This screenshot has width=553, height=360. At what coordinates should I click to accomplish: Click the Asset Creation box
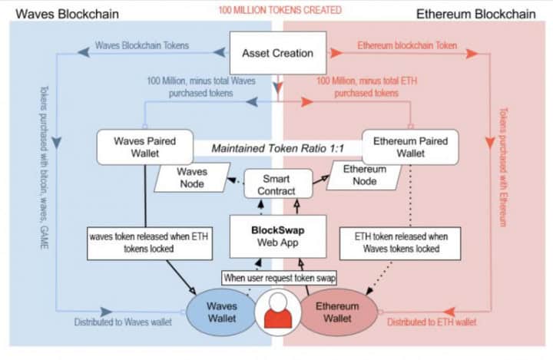coord(277,54)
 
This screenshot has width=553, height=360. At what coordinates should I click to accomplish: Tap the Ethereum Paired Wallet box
coord(409,147)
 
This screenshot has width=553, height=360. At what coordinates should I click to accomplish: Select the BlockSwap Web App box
coord(279,236)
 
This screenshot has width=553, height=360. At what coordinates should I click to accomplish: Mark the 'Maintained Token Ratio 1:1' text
coord(276,147)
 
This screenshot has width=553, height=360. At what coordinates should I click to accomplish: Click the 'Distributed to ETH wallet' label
coord(431,322)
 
